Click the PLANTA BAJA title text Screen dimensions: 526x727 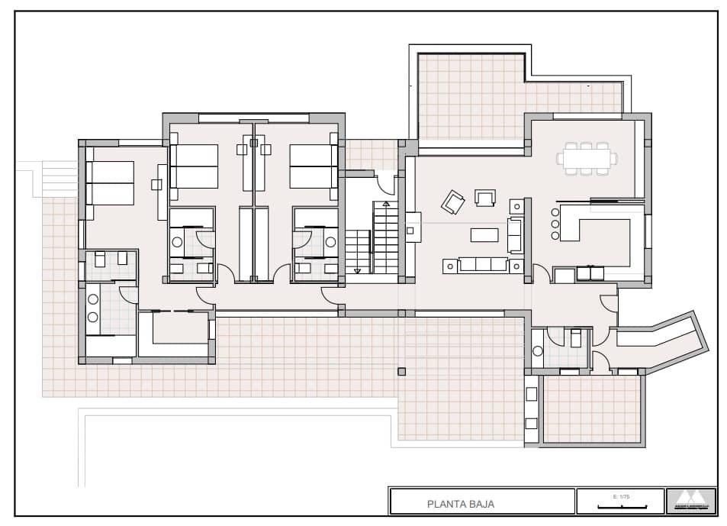pos(460,504)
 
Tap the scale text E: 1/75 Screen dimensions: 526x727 pos(619,497)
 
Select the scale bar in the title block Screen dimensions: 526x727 pos(623,505)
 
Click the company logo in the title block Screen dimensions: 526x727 pos(691,501)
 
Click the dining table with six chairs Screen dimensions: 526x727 pos(587,159)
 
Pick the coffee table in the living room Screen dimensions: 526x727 pos(484,234)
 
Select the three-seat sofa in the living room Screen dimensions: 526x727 pos(477,264)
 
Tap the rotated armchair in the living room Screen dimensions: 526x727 pos(453,202)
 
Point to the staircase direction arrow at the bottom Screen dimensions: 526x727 pos(357,270)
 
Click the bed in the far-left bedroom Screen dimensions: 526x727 pos(111,182)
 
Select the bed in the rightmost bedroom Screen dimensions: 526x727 pos(313,166)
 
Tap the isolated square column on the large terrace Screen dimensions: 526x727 pos(401,371)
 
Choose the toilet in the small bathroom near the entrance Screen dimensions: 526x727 pos(538,351)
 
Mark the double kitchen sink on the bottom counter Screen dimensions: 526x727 pos(589,273)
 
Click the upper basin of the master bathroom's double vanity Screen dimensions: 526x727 pos(93,298)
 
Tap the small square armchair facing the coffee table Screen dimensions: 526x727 pos(485,198)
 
